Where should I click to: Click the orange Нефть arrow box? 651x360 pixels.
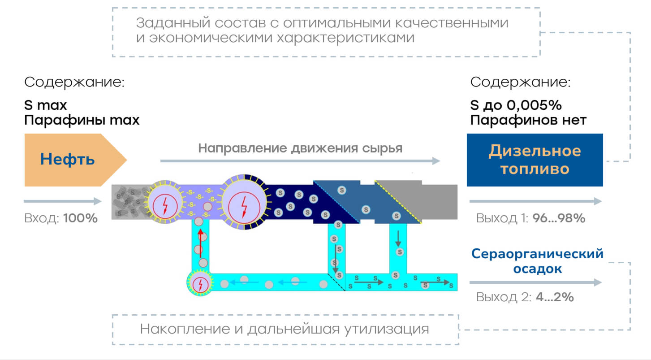coord(73,160)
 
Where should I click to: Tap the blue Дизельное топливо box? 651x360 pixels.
coord(535,160)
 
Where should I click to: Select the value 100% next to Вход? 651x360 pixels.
coord(81,218)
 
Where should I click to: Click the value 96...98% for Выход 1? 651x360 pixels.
coord(559,218)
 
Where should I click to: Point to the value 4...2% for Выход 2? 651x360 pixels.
coord(555,297)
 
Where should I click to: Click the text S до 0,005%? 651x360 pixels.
coord(516,105)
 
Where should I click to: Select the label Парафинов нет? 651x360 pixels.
coord(528,120)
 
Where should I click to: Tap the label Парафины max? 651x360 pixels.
coord(82,120)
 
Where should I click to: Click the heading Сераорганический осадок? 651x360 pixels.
coord(537,261)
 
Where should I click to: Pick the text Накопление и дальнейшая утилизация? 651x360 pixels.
coord(285,329)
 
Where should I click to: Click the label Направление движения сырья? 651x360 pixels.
coord(300,148)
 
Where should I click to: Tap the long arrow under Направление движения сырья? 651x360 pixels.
coord(300,161)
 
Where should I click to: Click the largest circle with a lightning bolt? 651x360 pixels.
coord(244,202)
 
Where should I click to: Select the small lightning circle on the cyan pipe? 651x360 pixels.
coord(200,282)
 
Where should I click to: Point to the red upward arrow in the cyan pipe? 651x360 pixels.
coord(201,243)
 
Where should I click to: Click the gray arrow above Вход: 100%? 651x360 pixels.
coord(63,201)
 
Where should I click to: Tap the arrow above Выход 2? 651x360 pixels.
coord(535,282)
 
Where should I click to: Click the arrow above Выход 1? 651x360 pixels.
coord(535,201)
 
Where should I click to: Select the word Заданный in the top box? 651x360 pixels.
coord(173,23)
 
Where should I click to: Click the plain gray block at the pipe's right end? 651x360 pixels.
coord(440,202)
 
